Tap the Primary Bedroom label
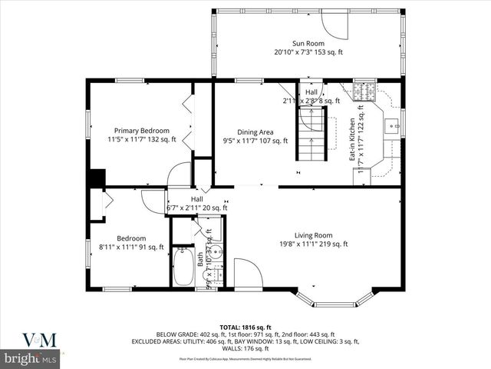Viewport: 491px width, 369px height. point(142,135)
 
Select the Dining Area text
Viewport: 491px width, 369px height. point(255,136)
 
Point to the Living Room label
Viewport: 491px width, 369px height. point(313,240)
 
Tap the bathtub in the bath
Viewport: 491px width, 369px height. point(184,266)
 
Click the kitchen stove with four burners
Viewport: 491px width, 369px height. point(363,92)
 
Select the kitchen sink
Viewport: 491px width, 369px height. point(391,125)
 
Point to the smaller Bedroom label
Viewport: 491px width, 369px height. point(131,242)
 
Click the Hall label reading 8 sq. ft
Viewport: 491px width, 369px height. point(311,97)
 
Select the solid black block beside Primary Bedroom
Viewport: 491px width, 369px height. point(96,178)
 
